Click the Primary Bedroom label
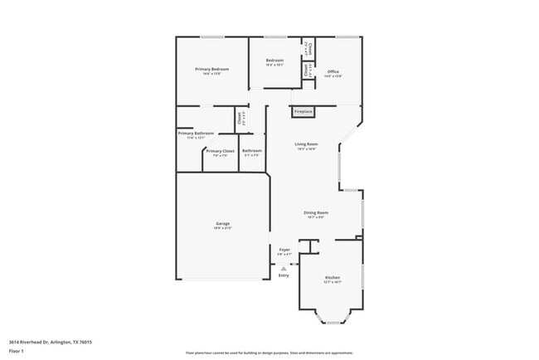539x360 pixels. pyautogui.click(x=211, y=68)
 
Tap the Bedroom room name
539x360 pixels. pyautogui.click(x=274, y=61)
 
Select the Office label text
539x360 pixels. pyautogui.click(x=333, y=71)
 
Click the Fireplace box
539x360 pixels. pyautogui.click(x=303, y=111)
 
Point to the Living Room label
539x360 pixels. pyautogui.click(x=306, y=144)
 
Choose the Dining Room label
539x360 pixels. pyautogui.click(x=317, y=212)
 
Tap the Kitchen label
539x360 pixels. pyautogui.click(x=333, y=277)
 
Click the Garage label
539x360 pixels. pyautogui.click(x=223, y=223)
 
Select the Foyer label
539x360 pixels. pyautogui.click(x=284, y=249)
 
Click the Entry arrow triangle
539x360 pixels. pyautogui.click(x=284, y=268)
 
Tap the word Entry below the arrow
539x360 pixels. pyautogui.click(x=284, y=275)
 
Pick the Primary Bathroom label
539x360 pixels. pyautogui.click(x=196, y=134)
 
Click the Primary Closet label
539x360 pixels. pyautogui.click(x=220, y=151)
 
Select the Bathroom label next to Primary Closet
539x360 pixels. pyautogui.click(x=251, y=151)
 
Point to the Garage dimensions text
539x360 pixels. pyautogui.click(x=223, y=228)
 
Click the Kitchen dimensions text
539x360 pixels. pyautogui.click(x=333, y=282)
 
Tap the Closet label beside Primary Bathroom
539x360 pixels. pyautogui.click(x=240, y=121)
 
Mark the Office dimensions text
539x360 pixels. pyautogui.click(x=333, y=76)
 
